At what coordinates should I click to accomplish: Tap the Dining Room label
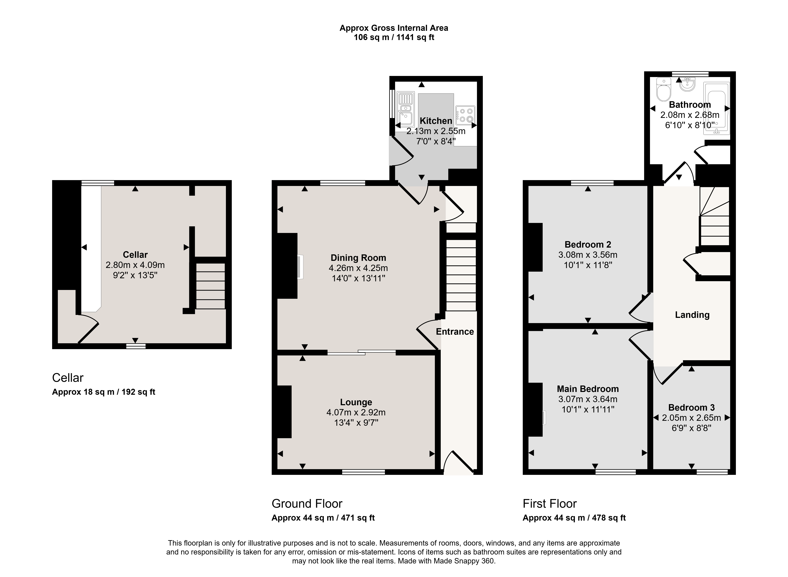[358, 258]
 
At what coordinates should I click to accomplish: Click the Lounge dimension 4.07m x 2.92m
[356, 412]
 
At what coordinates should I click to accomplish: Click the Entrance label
[455, 331]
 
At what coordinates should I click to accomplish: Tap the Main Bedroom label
[588, 389]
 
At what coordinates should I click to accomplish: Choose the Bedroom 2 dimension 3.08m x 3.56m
[588, 255]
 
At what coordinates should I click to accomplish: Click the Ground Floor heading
[307, 504]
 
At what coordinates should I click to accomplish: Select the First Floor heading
[550, 504]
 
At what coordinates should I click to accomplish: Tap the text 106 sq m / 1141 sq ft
[394, 37]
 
